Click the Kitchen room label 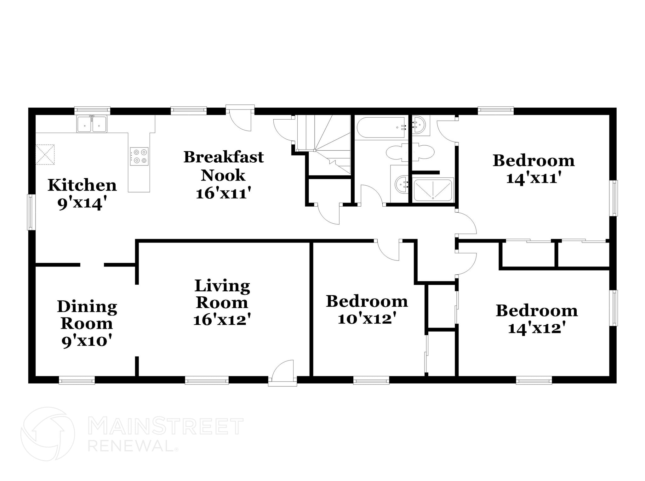coord(82,185)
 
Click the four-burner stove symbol coord(139,156)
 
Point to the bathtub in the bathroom coord(381,127)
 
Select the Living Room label coord(222,294)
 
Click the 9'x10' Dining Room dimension coord(87,341)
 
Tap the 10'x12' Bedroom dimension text coord(367,319)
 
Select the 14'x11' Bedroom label coord(534,161)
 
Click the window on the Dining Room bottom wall coord(77,381)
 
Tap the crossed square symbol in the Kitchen coord(45,154)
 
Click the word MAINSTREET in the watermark coord(165,426)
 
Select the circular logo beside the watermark coord(48,434)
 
